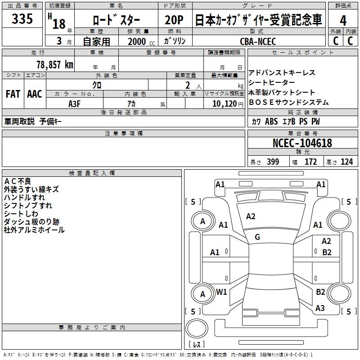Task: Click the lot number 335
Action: tap(22, 19)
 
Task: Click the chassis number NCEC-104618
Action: tap(302, 143)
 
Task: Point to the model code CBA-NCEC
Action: tap(258, 41)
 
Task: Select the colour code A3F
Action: tap(74, 103)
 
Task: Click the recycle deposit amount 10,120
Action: tap(224, 103)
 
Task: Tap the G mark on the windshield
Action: tap(257, 237)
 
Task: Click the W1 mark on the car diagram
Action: tap(221, 292)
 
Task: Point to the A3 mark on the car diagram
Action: tap(320, 308)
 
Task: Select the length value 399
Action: tap(273, 162)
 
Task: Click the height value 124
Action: tap(346, 162)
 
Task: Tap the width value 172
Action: tap(310, 162)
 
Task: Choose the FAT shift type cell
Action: tap(13, 94)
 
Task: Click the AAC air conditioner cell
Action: tap(35, 94)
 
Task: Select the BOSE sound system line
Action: tap(288, 102)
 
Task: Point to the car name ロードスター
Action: tap(116, 20)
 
